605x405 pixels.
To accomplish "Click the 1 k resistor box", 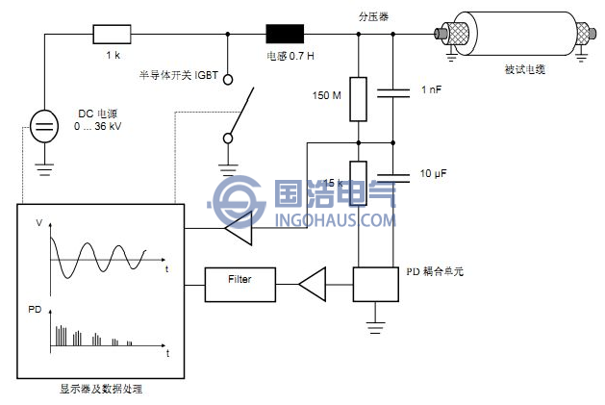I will pos(107,36).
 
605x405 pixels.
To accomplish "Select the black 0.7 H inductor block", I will pos(285,36).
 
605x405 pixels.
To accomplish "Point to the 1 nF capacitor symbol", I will pos(393,92).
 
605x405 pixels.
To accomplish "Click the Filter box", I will pos(239,280).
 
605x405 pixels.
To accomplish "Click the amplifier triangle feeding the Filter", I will pos(313,282).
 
